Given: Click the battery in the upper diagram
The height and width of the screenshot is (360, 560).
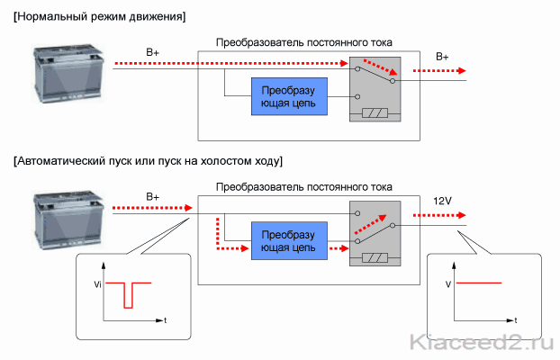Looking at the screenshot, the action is coord(69,74).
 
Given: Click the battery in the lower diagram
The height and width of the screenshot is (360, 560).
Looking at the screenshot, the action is coord(69,220).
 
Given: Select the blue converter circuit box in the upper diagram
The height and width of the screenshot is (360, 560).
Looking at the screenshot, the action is coord(289,96).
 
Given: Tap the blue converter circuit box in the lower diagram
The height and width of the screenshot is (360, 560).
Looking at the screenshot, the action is coord(289,240).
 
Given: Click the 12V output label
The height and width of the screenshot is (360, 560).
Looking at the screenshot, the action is coord(442,201).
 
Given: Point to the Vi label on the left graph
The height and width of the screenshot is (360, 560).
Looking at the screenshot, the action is coord(97,284).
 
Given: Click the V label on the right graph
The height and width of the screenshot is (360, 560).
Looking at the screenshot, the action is coord(448,284).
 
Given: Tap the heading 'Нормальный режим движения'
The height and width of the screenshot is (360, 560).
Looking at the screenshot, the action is coord(100,17).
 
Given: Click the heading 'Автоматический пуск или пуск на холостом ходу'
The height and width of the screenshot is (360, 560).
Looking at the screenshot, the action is coord(148,161).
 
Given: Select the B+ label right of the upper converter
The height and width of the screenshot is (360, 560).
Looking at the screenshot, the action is coord(442,57).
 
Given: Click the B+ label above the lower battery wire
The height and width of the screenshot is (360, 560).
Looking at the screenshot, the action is coord(152,197).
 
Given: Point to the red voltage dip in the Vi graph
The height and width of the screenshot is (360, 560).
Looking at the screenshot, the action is coord(128,295).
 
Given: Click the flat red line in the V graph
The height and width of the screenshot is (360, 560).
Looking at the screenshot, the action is coord(479,283).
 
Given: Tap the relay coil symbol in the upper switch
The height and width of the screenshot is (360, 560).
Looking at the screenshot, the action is coord(375,113).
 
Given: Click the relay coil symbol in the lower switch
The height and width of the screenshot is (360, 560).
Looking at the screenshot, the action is coord(375,257).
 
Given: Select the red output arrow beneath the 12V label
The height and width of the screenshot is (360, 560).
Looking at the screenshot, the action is coord(439,215).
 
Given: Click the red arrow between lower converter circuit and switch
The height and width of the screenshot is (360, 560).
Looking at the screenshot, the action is coord(339,248).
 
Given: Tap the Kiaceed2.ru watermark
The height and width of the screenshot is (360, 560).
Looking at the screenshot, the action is coord(482,342).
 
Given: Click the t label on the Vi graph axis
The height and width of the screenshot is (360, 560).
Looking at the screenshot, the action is coord(166,320).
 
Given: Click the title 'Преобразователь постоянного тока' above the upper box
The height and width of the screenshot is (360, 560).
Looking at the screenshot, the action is coord(304,42).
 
